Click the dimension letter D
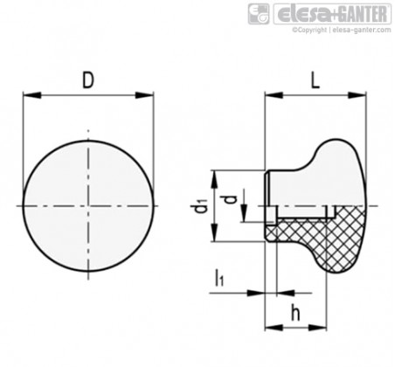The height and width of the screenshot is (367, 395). click(x=88, y=80)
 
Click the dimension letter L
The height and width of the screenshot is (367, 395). click(x=315, y=80)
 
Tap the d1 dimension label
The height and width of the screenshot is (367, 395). click(x=200, y=205)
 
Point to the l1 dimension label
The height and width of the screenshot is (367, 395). click(x=219, y=277)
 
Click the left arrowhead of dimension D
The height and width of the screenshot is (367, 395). click(x=32, y=95)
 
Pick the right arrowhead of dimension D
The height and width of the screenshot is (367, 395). click(x=144, y=95)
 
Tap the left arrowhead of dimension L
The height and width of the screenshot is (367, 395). click(x=274, y=95)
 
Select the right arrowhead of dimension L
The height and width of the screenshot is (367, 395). click(x=357, y=95)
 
